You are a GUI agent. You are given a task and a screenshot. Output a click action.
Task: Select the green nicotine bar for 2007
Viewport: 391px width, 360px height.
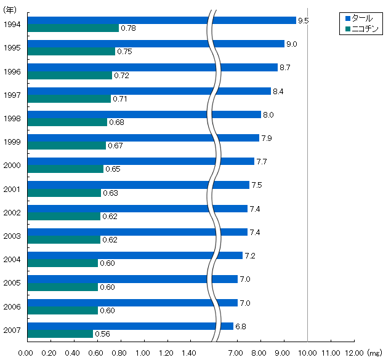60,334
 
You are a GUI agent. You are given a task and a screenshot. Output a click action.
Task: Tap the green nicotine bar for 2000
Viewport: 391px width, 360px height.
66,169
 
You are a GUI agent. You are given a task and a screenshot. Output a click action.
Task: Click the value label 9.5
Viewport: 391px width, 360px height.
303,21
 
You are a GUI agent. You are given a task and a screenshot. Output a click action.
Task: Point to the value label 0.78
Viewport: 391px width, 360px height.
128,28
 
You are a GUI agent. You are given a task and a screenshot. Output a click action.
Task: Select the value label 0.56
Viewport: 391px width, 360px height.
102,334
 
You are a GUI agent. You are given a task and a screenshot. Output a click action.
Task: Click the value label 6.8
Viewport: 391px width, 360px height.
240,326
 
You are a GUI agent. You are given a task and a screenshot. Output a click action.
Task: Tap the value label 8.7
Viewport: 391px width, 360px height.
284,68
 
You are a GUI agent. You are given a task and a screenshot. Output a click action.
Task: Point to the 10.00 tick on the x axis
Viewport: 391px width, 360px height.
307,353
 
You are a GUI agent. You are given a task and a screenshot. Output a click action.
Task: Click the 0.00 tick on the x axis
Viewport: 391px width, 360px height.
25,353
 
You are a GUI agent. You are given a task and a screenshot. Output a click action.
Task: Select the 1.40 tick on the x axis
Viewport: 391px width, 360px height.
190,353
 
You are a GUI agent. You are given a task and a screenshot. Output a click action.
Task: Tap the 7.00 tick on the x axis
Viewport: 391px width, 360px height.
237,353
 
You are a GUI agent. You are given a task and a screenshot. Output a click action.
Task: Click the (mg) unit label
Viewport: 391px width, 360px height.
374,353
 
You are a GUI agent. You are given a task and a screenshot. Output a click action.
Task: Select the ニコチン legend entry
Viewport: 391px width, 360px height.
364,28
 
